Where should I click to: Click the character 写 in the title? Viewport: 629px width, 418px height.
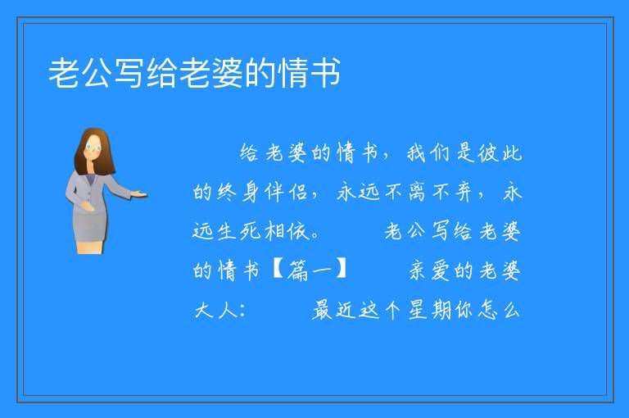pyautogui.click(x=129, y=73)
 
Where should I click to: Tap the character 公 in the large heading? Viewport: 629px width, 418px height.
pyautogui.click(x=97, y=73)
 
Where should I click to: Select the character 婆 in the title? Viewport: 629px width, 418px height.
pyautogui.click(x=227, y=73)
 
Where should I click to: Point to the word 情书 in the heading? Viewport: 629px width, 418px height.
pyautogui.click(x=309, y=73)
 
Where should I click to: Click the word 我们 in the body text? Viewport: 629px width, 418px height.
pyautogui.click(x=428, y=153)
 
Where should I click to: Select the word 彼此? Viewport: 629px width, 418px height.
pyautogui.click(x=500, y=153)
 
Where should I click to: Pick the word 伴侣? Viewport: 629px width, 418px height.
pyautogui.click(x=286, y=192)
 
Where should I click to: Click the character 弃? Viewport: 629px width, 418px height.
pyautogui.click(x=463, y=192)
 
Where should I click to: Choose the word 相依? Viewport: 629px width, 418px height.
pyautogui.click(x=287, y=231)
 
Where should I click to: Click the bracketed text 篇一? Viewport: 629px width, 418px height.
pyautogui.click(x=310, y=270)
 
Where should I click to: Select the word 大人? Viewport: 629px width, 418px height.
pyautogui.click(x=215, y=310)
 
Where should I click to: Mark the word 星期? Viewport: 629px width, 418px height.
pyautogui.click(x=430, y=310)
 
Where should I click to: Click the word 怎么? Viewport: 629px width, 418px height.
pyautogui.click(x=499, y=310)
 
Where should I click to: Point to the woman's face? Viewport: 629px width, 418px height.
pyautogui.click(x=93, y=148)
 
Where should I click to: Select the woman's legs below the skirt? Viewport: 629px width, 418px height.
pyautogui.click(x=90, y=247)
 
